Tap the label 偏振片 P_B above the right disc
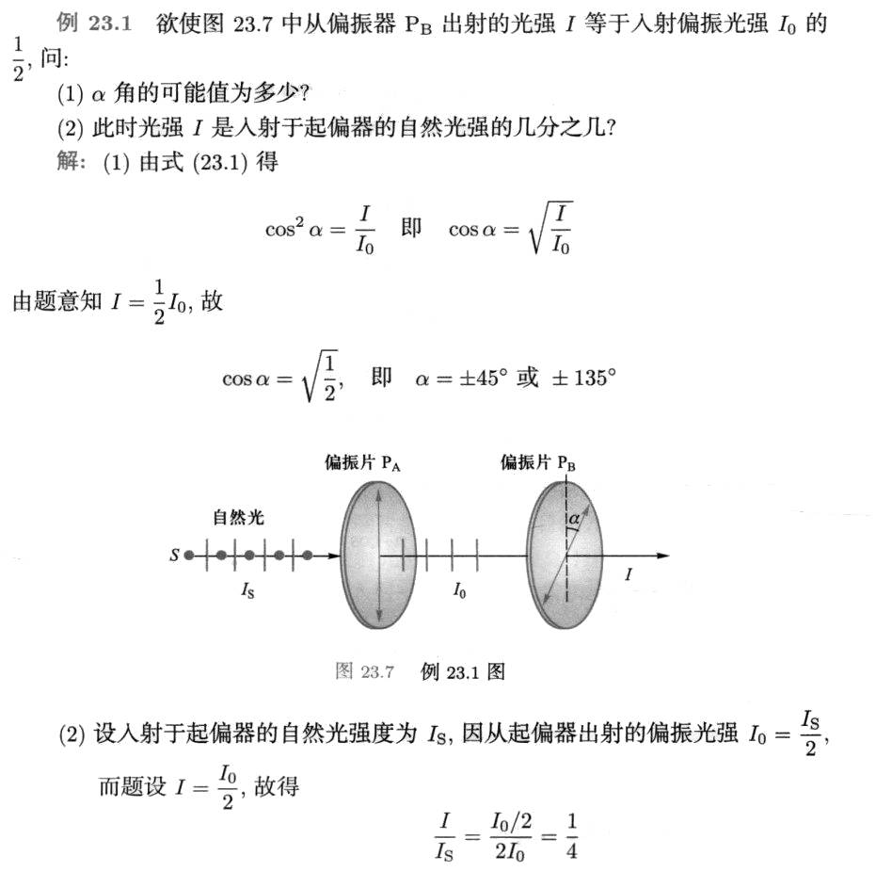point(538,462)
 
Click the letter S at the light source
point(174,556)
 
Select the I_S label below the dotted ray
point(247,591)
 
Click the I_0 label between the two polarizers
point(459,591)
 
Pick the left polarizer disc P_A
point(375,556)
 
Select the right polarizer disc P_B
point(565,556)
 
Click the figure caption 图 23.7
point(363,671)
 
